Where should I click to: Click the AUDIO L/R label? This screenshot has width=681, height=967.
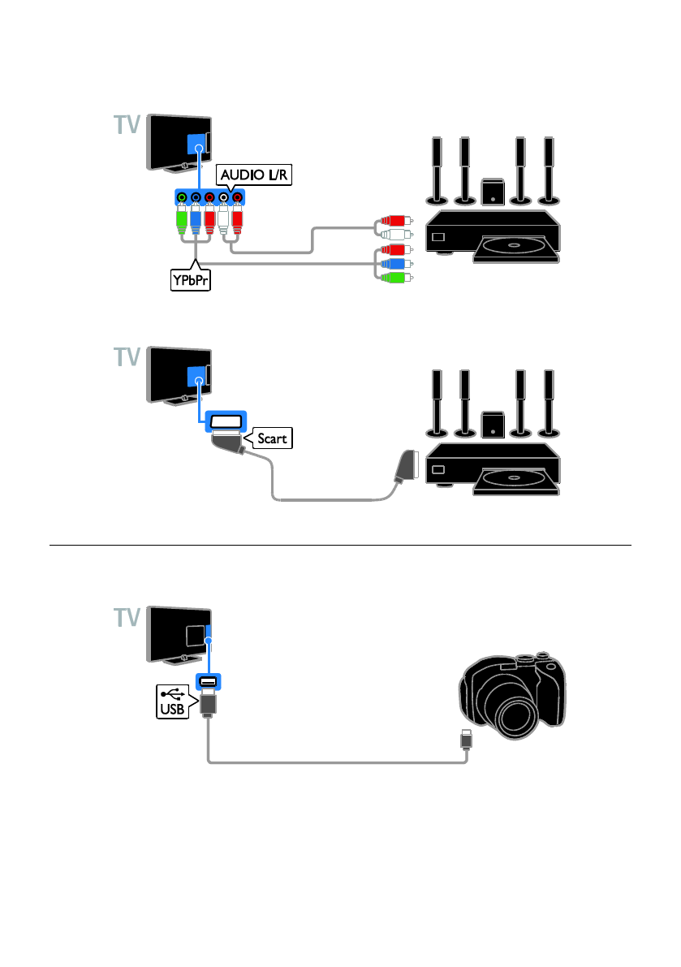click(x=253, y=175)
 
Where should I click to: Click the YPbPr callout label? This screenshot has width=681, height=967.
click(x=191, y=280)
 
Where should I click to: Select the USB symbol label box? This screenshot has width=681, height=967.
click(x=174, y=702)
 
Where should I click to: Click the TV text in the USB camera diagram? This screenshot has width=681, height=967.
click(x=127, y=617)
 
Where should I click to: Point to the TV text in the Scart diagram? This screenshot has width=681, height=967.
click(x=127, y=357)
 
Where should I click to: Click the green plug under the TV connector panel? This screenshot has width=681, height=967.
click(x=182, y=220)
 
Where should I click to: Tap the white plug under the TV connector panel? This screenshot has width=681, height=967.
click(x=223, y=220)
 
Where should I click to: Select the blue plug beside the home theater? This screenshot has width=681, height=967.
click(x=394, y=264)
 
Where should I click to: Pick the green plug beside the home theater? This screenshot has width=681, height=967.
click(x=394, y=278)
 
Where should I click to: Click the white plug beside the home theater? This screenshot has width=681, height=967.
click(x=394, y=235)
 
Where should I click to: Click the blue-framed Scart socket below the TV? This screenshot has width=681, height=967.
click(x=226, y=421)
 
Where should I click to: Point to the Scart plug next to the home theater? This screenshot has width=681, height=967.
click(x=407, y=465)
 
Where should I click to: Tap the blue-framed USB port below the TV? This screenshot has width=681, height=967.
click(x=209, y=681)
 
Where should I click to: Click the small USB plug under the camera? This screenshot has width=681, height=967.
click(x=467, y=739)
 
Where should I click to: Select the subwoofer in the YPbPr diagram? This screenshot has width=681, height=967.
click(x=493, y=192)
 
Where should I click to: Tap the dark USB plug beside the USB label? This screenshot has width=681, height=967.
click(x=209, y=704)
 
